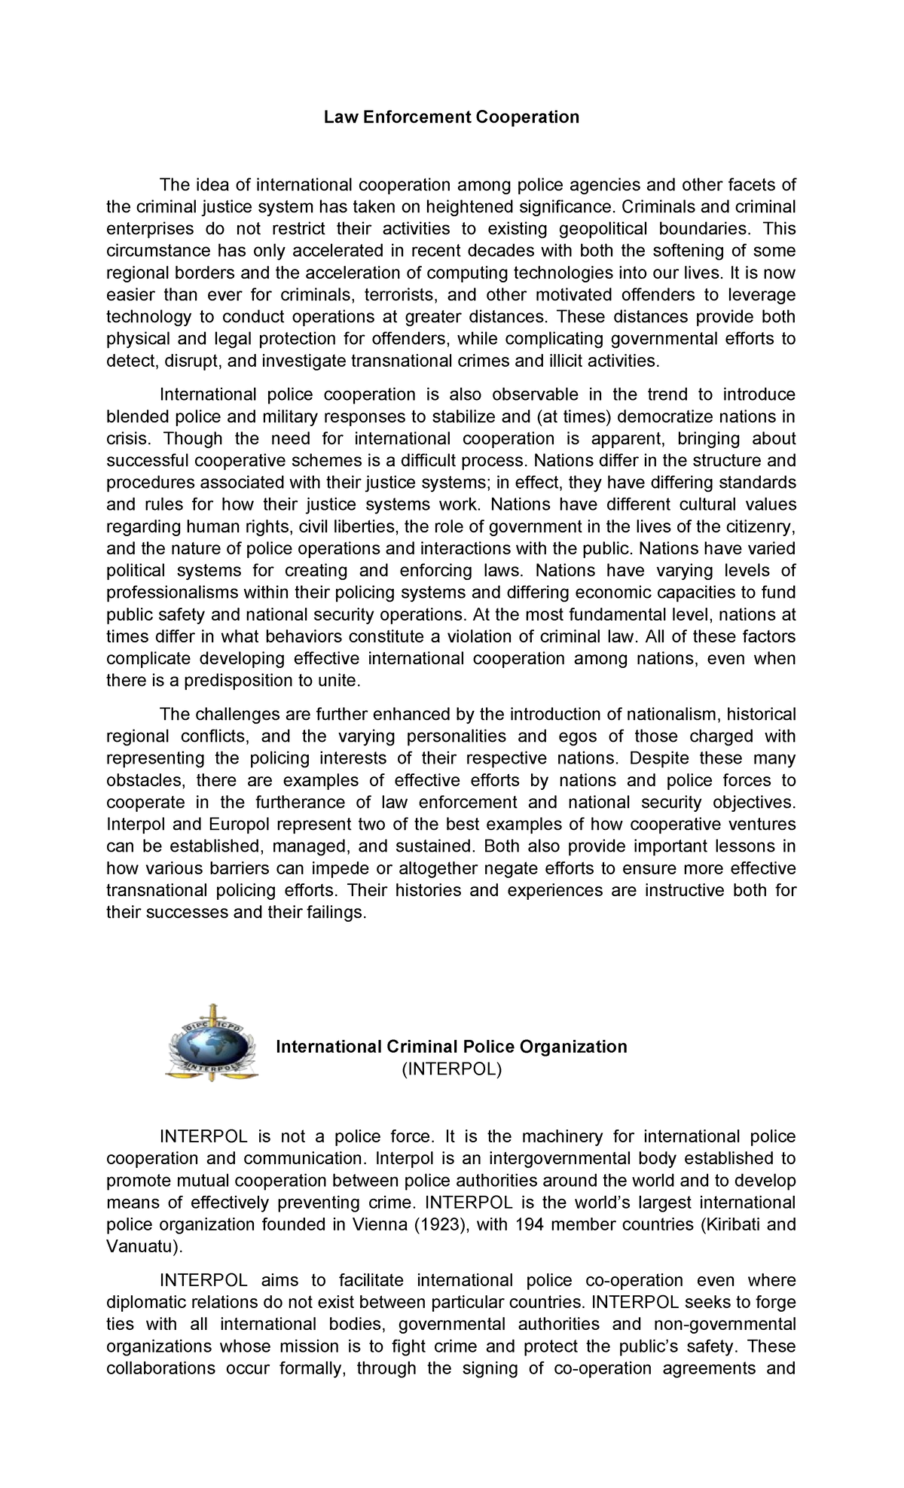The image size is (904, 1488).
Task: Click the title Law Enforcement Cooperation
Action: coord(451,117)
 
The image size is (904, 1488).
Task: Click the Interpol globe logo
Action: coord(212,1043)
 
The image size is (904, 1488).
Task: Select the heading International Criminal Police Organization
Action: coord(451,1047)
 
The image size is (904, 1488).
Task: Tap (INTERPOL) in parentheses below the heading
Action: coord(451,1069)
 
